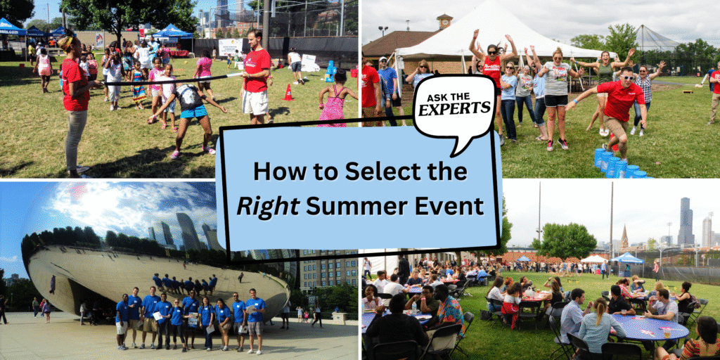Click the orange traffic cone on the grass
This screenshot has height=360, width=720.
(x=288, y=93)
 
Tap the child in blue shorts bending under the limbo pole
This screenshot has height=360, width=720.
(x=190, y=112)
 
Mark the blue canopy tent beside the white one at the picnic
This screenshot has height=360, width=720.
(x=627, y=259)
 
